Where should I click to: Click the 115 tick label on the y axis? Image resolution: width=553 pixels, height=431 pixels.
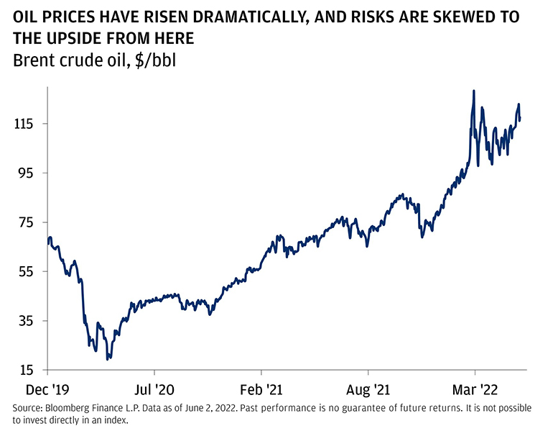[26, 124]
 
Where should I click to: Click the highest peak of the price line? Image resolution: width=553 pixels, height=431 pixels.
[474, 91]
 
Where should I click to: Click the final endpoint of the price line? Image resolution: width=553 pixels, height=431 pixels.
[520, 119]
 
